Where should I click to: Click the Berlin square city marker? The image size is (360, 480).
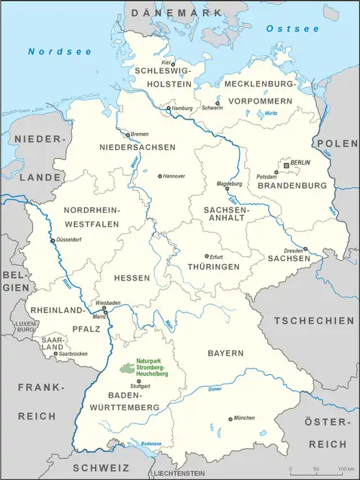pyautogui.click(x=287, y=165)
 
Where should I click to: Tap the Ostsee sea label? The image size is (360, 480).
pyautogui.click(x=282, y=29)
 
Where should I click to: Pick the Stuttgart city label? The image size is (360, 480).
pyautogui.click(x=140, y=387)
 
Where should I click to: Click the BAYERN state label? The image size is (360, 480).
pyautogui.click(x=225, y=353)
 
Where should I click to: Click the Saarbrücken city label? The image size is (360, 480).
pyautogui.click(x=73, y=353)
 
